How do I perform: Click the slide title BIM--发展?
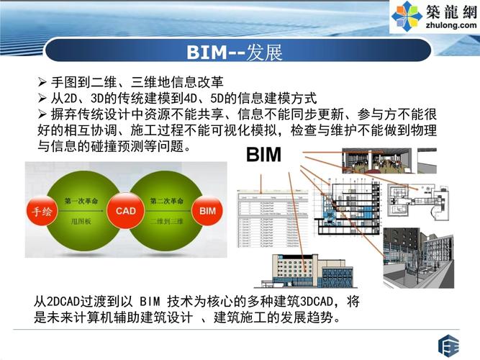tap(234, 52)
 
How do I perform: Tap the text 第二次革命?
tap(165, 199)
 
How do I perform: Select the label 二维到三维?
tap(165, 222)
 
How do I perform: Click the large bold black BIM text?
tap(263, 156)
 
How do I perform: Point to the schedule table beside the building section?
tap(264, 223)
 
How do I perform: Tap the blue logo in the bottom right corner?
tap(449, 343)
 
